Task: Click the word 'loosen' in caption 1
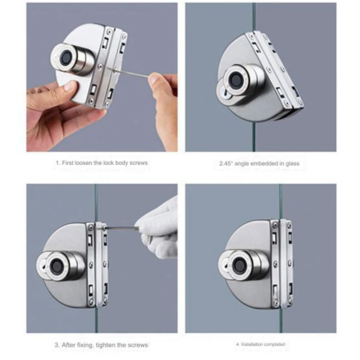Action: pyautogui.click(x=83, y=163)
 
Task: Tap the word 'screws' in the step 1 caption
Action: pyautogui.click(x=138, y=163)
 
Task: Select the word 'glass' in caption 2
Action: pyautogui.click(x=292, y=164)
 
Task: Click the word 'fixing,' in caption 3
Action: pyautogui.click(x=84, y=345)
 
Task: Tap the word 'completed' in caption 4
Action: pyautogui.click(x=274, y=344)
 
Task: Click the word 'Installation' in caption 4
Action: pyautogui.click(x=251, y=344)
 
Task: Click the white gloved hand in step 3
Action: pyautogui.click(x=158, y=229)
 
